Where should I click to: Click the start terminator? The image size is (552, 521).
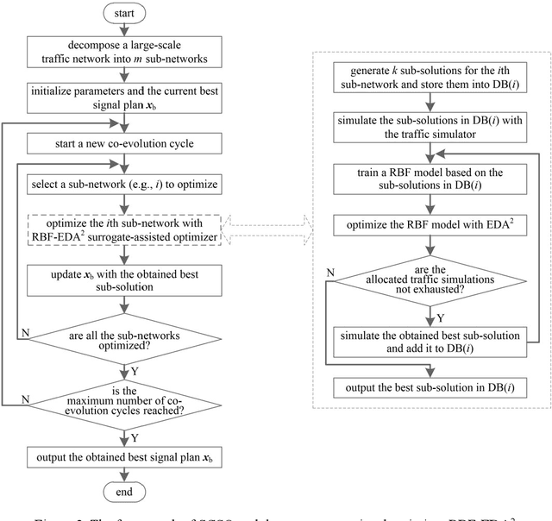(x=123, y=13)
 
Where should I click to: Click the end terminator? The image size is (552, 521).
(x=123, y=491)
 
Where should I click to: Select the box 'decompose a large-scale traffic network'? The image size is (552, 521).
(x=123, y=53)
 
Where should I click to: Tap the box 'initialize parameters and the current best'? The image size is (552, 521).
(x=123, y=98)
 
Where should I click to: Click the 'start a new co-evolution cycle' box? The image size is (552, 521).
(x=123, y=141)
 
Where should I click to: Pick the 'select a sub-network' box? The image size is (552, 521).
(x=123, y=183)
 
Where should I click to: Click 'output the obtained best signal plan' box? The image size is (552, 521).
(x=123, y=455)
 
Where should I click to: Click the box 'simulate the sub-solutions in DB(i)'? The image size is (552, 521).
(x=429, y=122)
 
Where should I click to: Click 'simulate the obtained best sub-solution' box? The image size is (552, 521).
(x=429, y=337)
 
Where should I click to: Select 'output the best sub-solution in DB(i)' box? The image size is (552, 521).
(x=429, y=384)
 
